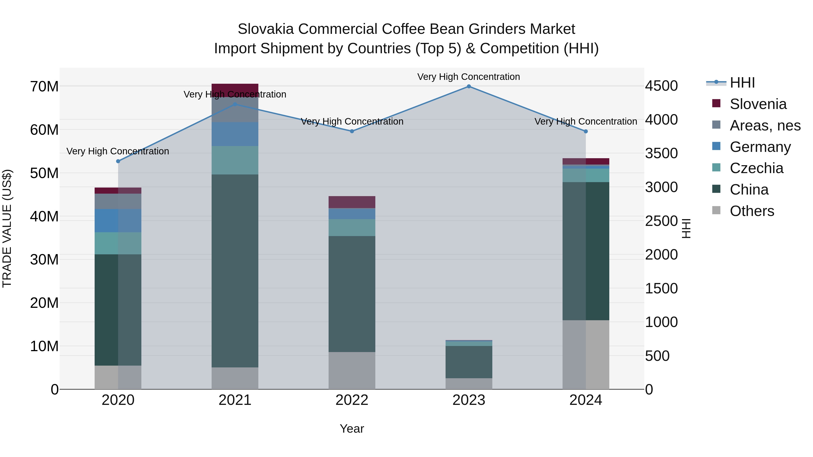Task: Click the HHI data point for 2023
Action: [x=469, y=86]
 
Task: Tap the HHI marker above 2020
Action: [x=118, y=161]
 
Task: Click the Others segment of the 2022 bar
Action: [x=352, y=370]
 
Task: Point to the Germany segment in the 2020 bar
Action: [x=118, y=220]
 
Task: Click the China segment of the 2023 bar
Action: [x=469, y=362]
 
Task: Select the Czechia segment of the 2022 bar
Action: [x=352, y=227]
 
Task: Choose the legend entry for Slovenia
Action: [x=758, y=104]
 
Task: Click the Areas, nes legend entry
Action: [x=765, y=125]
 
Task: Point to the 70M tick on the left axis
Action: [x=44, y=86]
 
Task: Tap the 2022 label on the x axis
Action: [x=352, y=400]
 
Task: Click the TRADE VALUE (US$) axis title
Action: [x=7, y=228]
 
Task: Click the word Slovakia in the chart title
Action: [x=266, y=29]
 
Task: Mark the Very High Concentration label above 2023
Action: [x=469, y=77]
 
